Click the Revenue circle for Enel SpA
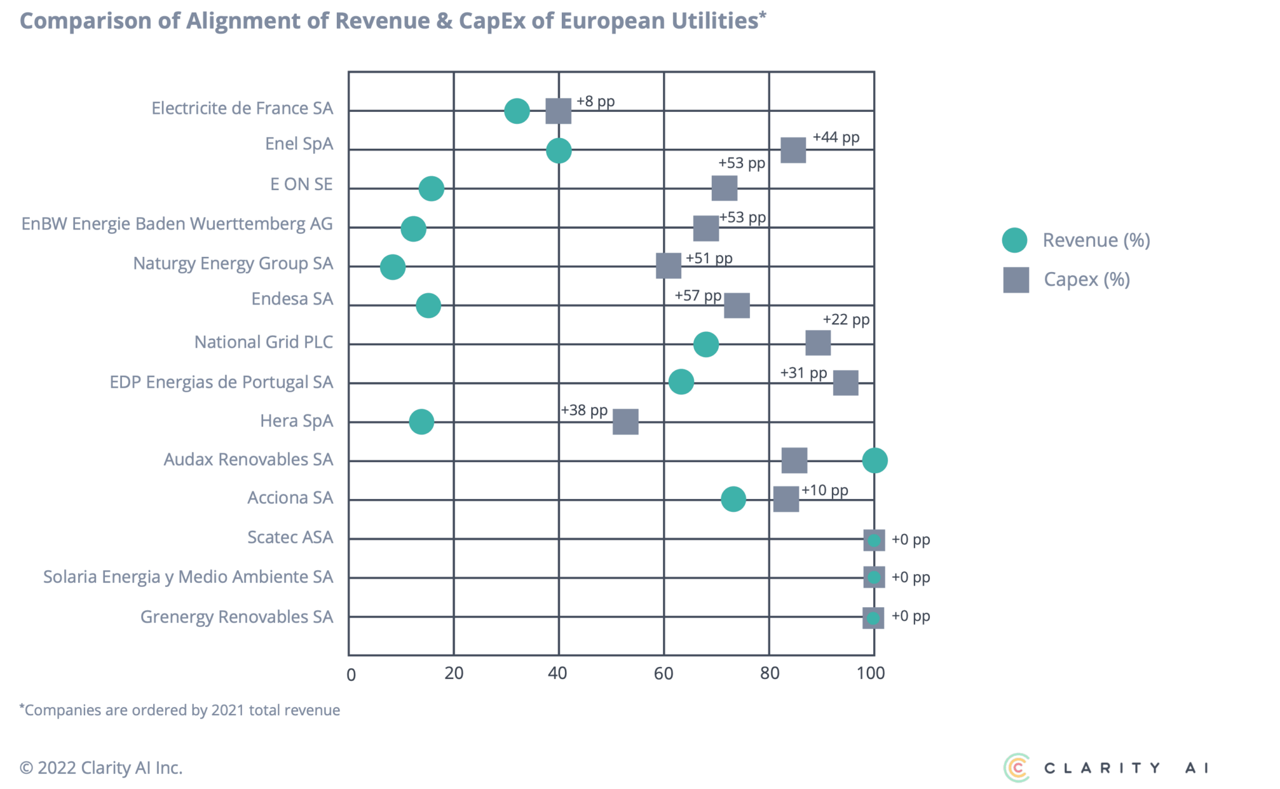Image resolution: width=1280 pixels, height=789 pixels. (558, 151)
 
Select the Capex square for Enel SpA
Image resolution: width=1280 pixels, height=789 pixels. (792, 151)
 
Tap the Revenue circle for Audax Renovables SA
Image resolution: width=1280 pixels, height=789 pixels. (874, 461)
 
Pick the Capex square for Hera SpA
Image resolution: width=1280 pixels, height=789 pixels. (625, 422)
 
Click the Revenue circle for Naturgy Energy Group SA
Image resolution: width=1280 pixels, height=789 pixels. (392, 267)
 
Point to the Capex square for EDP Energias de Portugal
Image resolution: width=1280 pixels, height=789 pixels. (845, 383)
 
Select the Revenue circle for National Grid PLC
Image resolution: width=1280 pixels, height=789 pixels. (706, 344)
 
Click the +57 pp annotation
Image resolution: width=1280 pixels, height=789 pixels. (697, 295)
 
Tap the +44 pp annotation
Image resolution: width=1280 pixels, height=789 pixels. (836, 137)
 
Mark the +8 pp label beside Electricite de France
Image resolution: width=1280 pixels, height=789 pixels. (595, 101)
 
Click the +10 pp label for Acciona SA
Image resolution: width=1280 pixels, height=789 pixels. (824, 490)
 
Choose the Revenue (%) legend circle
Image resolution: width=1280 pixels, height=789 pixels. (1014, 240)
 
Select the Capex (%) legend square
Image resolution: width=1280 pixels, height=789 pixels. (1016, 279)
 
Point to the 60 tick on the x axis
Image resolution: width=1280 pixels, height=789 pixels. (664, 673)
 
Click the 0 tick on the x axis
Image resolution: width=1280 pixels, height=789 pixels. (351, 674)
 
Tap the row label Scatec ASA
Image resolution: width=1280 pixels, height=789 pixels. (290, 538)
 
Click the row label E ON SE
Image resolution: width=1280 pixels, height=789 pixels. (301, 184)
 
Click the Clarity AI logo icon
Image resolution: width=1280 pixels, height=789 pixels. (1017, 767)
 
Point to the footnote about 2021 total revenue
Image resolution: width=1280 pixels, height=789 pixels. (180, 710)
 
